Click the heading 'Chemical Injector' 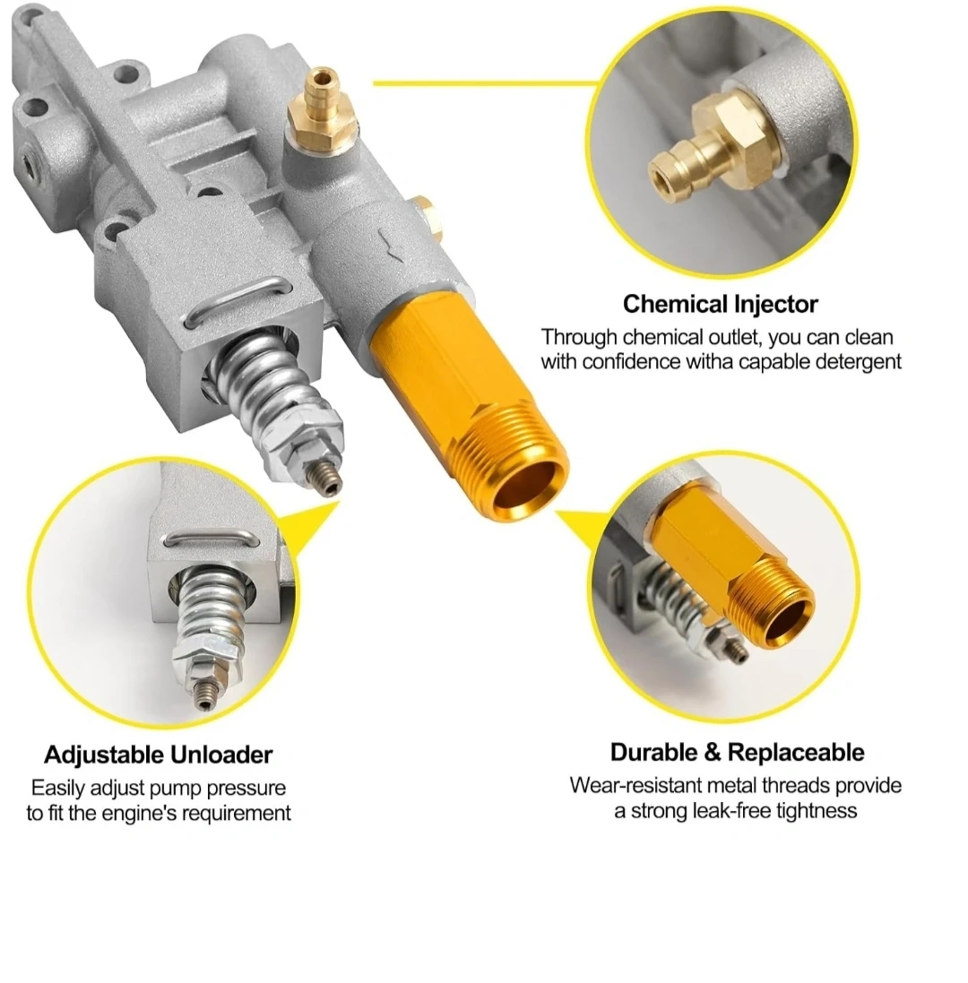click(721, 304)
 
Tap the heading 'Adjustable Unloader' click(158, 754)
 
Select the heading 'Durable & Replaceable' click(738, 752)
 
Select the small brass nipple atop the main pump click(322, 107)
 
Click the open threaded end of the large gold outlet click(525, 487)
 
